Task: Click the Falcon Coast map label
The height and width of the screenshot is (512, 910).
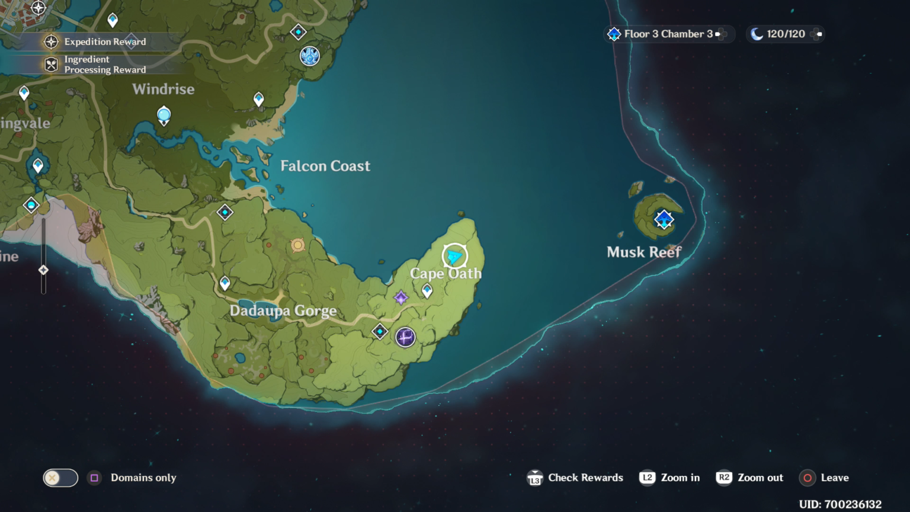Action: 325,166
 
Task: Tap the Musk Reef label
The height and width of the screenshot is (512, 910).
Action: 644,252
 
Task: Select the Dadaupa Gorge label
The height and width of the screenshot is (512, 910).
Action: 283,311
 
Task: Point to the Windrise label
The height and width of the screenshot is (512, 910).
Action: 164,89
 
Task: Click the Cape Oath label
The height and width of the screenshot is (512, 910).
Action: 446,274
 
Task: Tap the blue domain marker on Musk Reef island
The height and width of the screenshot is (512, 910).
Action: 664,219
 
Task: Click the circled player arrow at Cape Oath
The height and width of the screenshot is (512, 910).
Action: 454,256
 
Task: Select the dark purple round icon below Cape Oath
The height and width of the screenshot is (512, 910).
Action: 405,337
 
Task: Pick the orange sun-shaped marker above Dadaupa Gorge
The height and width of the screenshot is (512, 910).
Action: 297,245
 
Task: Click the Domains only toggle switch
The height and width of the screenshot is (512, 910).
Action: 60,478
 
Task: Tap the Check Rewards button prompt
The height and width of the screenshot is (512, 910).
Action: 575,478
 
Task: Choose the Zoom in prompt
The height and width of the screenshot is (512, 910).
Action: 670,478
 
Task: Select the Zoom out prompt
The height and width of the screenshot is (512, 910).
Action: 750,478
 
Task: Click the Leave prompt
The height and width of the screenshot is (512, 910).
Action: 825,478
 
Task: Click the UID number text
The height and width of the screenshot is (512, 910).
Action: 840,504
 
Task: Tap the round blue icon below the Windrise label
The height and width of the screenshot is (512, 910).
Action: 164,114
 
